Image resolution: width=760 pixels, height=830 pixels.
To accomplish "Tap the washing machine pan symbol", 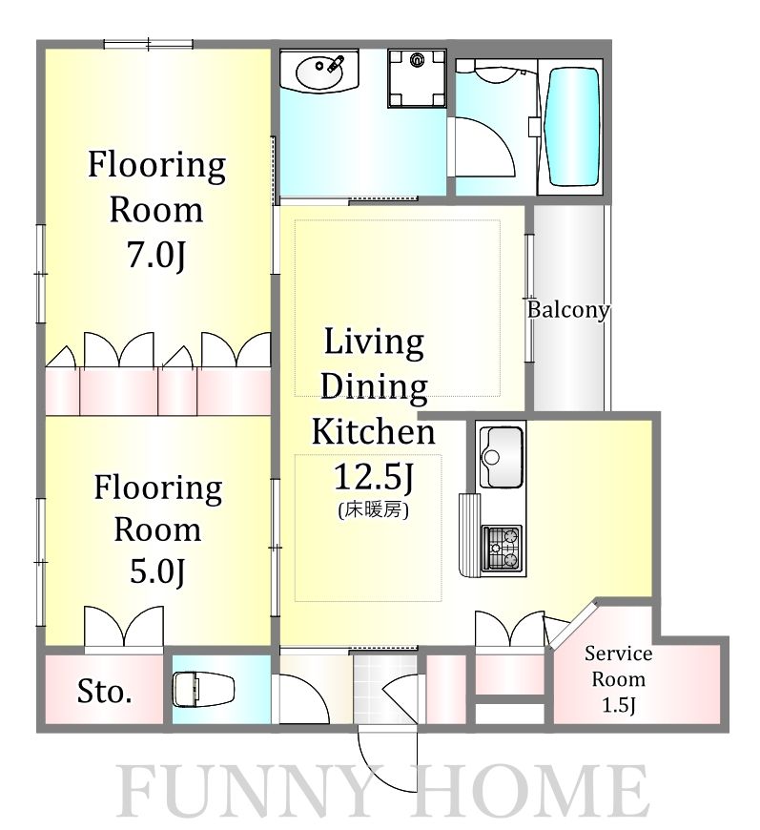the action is point(417,78).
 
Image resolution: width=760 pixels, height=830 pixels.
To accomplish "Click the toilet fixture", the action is point(204,689).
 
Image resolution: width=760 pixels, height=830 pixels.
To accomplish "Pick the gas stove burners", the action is point(502,548).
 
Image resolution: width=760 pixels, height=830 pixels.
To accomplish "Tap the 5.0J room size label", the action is point(157,571).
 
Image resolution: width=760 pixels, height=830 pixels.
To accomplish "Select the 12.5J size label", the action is point(373,477).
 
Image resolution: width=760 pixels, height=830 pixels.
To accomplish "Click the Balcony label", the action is point(568,310).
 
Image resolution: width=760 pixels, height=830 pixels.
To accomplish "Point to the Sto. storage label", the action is point(104,691).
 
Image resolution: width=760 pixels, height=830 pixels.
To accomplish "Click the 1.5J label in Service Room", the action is point(618,705).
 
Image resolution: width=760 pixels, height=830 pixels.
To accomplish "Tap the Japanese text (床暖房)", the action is point(373,509).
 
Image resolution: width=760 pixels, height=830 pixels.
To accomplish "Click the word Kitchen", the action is point(373,431).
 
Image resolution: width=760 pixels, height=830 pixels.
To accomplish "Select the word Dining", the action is point(374,387).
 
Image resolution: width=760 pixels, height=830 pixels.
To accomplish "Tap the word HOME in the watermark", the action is point(530,792).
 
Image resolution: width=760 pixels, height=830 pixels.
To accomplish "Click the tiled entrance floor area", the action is point(385,688).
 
